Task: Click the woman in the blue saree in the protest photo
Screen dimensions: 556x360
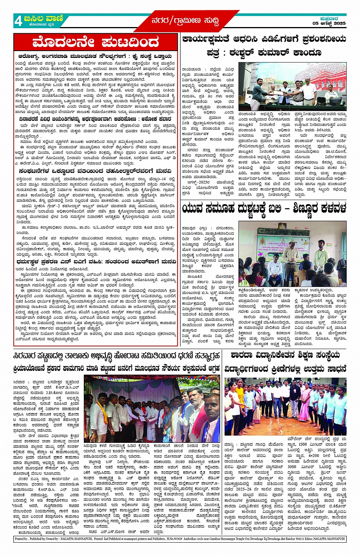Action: pyautogui.click(x=166, y=423)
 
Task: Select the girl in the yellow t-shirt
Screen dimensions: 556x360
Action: pyautogui.click(x=240, y=400)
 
